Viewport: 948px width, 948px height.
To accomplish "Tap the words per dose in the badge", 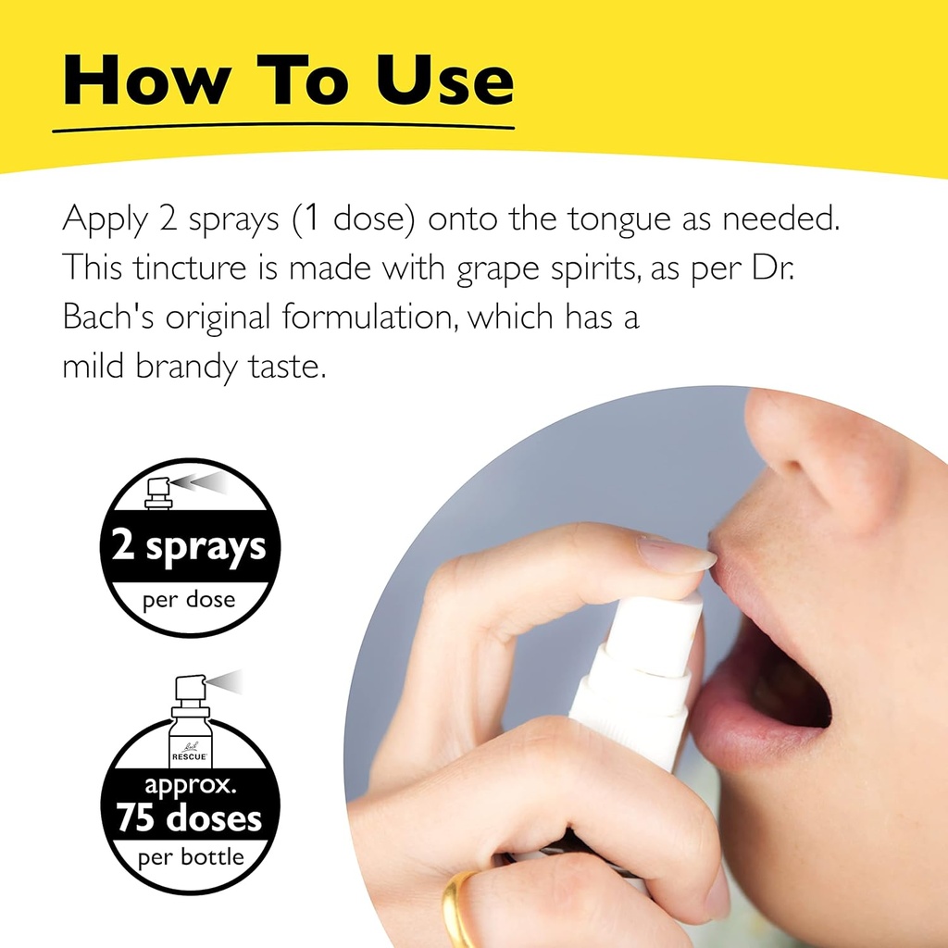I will tap(189, 600).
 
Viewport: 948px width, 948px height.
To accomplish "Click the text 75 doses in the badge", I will tap(189, 818).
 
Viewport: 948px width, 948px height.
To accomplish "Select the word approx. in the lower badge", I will tap(189, 788).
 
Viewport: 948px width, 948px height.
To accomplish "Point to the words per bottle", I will tap(189, 856).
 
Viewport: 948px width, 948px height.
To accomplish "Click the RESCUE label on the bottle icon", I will tap(190, 756).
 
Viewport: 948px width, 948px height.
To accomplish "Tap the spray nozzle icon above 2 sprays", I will tap(160, 490).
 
